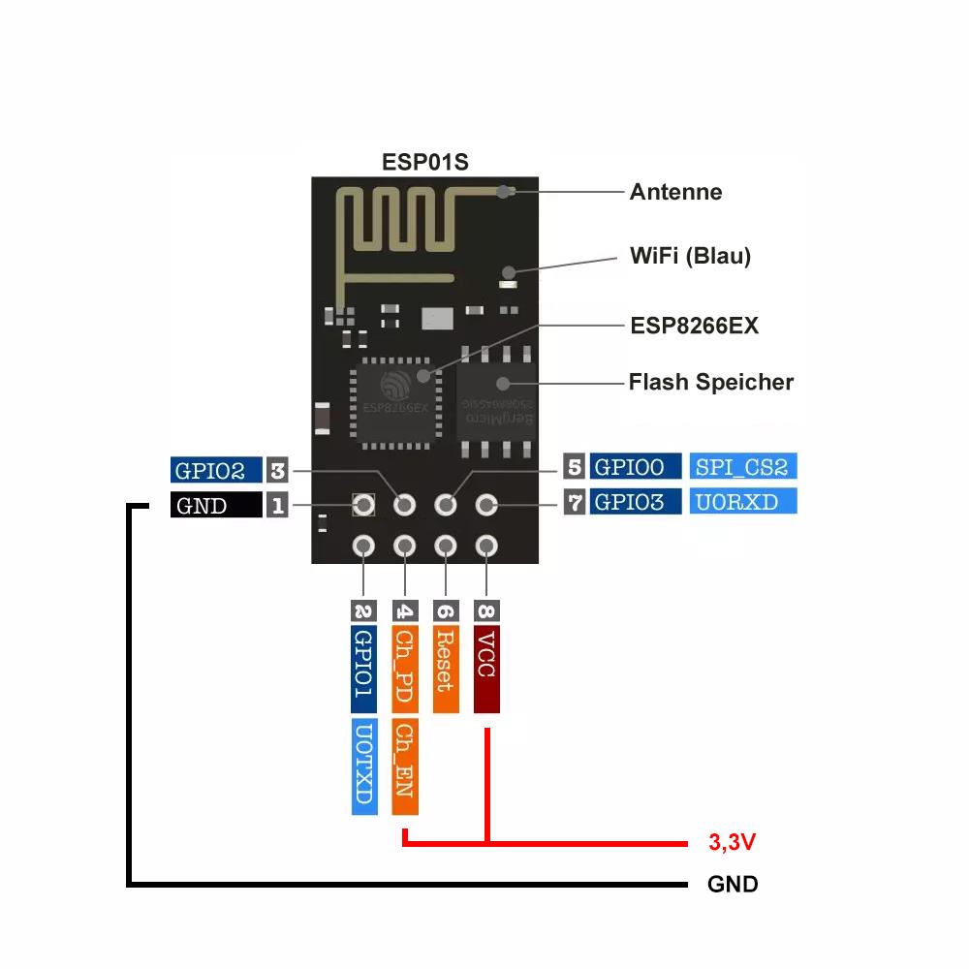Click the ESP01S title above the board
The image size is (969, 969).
424,162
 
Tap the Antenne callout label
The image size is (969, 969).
675,192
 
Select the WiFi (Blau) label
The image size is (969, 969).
690,257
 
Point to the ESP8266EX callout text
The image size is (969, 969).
694,326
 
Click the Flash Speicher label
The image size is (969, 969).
710,382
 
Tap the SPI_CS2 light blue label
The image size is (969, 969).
742,467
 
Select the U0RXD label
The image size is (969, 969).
742,502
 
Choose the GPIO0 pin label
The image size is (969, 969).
635,467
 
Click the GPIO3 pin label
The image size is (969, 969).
635,502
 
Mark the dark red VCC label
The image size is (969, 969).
486,669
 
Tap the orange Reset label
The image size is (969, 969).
445,669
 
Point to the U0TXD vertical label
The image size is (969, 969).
363,766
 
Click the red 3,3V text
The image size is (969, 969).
732,843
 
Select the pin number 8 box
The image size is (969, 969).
486,610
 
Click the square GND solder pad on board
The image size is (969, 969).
363,505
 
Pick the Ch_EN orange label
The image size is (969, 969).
405,766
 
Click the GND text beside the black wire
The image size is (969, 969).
733,885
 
